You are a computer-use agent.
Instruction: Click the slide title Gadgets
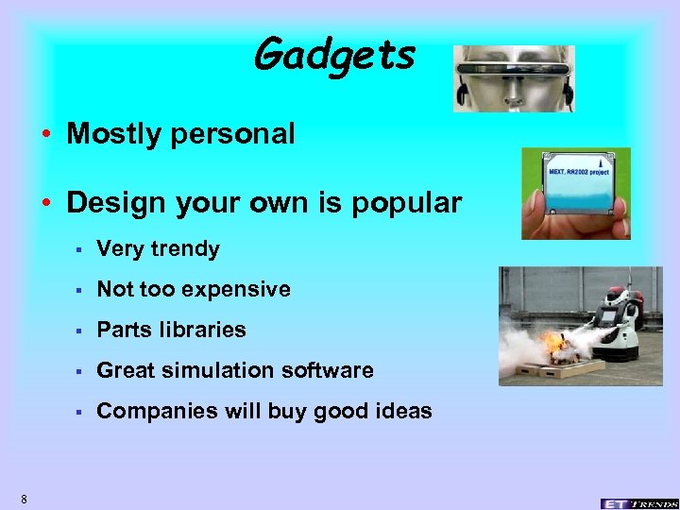[334, 55]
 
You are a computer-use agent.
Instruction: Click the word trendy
[185, 249]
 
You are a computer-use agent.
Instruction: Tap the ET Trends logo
[637, 501]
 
